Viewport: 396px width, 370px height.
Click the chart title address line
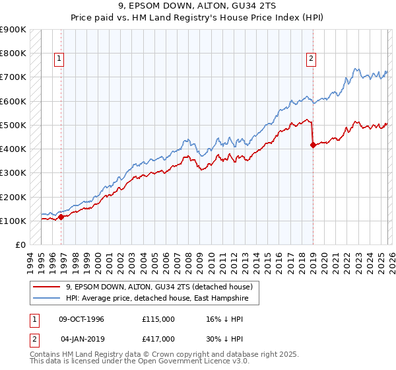(198, 6)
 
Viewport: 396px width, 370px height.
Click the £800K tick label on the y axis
(13, 54)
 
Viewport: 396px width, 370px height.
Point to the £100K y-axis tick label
(13, 221)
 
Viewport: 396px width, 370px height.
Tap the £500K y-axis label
(13, 125)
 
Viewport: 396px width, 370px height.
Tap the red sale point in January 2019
(312, 145)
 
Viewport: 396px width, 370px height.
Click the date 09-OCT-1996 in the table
(82, 319)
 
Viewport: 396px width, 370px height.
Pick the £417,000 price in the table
(158, 338)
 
